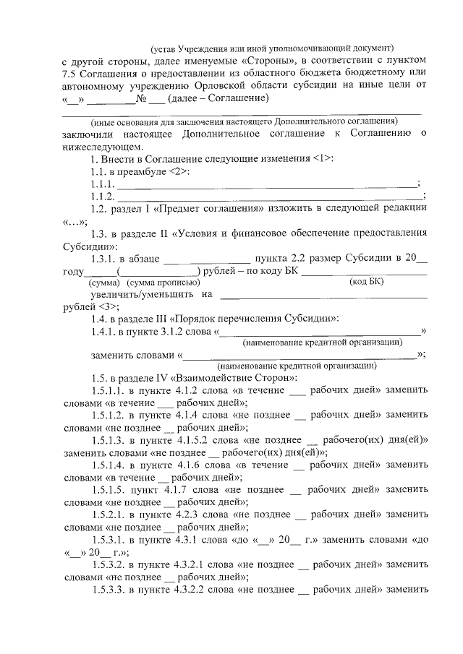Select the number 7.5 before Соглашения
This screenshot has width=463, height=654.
[x=72, y=74]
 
